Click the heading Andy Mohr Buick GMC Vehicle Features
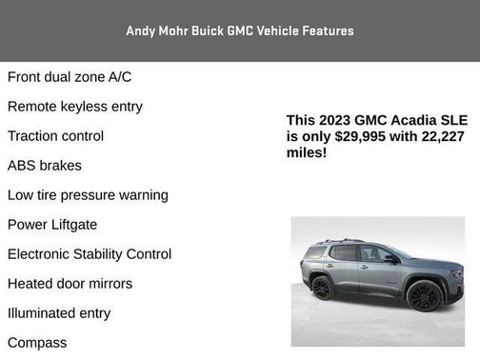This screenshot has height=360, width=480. click(239, 30)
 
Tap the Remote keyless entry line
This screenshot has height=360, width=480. click(75, 106)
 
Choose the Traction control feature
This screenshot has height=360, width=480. click(55, 135)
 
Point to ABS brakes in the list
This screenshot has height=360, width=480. click(45, 165)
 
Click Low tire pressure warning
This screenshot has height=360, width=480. click(88, 194)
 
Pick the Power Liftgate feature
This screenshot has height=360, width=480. click(52, 224)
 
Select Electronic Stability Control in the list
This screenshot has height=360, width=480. click(90, 253)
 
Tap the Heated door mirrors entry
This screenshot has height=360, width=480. click(70, 283)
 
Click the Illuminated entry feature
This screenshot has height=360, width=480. click(59, 312)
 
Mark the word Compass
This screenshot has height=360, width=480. click(37, 342)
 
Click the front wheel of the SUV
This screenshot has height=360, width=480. click(424, 295)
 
